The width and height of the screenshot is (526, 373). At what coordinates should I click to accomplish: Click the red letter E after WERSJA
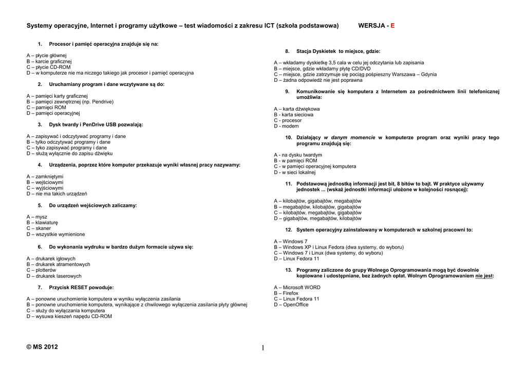click(392, 26)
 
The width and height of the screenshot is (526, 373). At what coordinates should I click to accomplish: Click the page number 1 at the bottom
click(263, 348)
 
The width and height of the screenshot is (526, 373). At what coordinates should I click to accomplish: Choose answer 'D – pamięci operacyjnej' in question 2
click(53, 113)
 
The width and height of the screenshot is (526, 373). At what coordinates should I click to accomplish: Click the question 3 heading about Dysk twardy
click(96, 125)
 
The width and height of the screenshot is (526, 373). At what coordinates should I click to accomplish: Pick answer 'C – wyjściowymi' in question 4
click(45, 188)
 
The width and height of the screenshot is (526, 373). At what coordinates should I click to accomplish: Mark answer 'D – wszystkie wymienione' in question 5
click(56, 234)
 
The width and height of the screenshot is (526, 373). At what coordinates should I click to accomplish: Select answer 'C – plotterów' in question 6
click(42, 270)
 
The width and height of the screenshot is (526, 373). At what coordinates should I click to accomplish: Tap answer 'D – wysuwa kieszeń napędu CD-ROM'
click(69, 316)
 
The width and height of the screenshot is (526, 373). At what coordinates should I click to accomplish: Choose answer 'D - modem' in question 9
click(286, 126)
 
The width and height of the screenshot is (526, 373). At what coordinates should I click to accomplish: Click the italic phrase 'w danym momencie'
click(350, 138)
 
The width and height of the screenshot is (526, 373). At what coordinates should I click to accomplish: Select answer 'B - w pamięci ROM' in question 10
click(296, 161)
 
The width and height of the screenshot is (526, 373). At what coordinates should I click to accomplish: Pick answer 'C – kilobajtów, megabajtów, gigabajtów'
click(318, 212)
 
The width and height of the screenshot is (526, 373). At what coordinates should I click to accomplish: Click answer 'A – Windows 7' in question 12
click(291, 241)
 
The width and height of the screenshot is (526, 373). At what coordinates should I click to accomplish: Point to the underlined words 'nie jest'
click(483, 276)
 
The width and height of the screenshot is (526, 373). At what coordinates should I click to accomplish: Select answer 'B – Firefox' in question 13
click(286, 293)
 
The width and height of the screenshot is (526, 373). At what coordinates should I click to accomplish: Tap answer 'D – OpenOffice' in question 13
click(291, 305)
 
